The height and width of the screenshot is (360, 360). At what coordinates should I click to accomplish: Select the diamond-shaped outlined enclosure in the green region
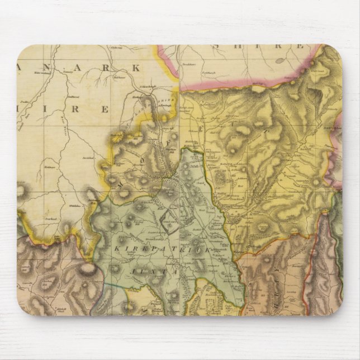pos(168,222)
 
